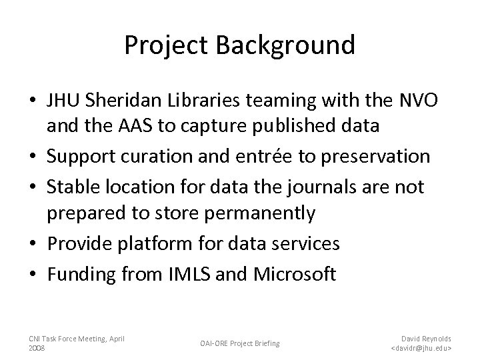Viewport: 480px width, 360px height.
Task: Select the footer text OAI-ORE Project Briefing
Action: tap(241, 343)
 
